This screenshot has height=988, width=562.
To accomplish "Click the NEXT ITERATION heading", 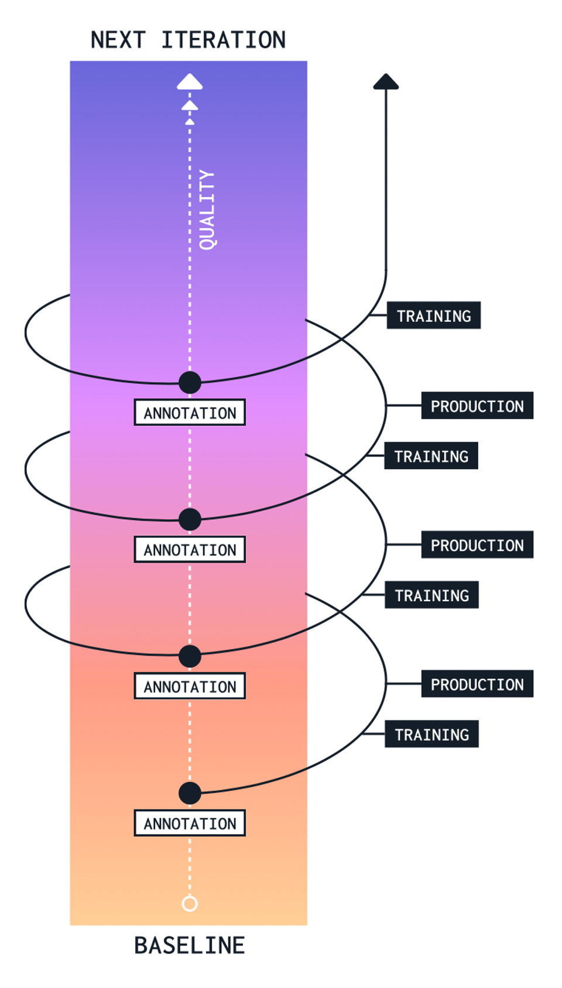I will click(188, 40).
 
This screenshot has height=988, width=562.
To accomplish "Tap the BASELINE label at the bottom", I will click(189, 945).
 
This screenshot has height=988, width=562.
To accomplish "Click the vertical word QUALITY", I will click(207, 210).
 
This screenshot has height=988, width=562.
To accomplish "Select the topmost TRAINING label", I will click(433, 315).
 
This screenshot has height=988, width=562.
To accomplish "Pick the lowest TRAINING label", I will click(431, 734).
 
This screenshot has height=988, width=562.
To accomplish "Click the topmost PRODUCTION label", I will click(477, 406).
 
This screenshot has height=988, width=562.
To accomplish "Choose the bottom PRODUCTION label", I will click(477, 684).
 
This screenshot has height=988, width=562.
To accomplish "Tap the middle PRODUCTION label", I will click(477, 545).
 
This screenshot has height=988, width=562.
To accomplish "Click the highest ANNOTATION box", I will click(190, 413).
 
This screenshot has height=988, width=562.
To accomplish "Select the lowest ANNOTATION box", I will click(190, 823).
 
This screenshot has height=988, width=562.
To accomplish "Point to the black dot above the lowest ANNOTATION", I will click(190, 793).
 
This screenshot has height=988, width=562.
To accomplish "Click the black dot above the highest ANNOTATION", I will click(190, 382).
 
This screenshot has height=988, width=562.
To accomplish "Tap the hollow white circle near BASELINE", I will click(190, 904).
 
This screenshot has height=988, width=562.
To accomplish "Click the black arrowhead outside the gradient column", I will click(386, 82).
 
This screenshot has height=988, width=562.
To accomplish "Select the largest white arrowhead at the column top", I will click(190, 82).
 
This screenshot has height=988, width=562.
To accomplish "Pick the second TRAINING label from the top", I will click(431, 456).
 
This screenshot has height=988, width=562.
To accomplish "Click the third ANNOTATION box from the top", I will click(190, 686).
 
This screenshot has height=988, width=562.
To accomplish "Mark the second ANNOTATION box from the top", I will click(190, 550).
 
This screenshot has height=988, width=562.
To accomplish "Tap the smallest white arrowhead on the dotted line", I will click(190, 121).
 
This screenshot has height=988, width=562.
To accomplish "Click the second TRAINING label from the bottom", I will click(431, 595).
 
